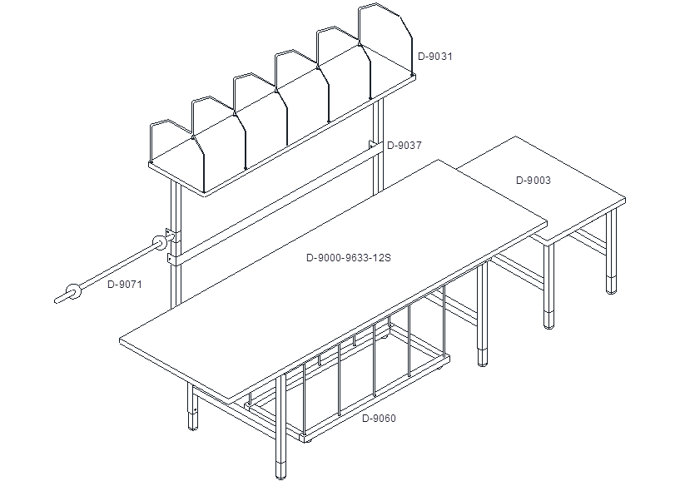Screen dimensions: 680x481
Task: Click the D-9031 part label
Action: (435, 57)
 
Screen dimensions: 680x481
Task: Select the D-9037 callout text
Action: (405, 146)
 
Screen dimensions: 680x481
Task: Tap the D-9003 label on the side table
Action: (534, 181)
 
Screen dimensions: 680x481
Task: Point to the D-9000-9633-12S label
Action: (349, 258)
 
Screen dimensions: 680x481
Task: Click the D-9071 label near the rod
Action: (125, 285)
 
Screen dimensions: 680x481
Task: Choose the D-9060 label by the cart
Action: (379, 418)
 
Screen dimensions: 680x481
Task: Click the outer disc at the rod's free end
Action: (74, 291)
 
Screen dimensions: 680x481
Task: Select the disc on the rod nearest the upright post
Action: (159, 243)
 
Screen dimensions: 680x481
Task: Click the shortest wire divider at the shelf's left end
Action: (176, 156)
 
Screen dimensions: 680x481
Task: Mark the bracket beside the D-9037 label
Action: (373, 146)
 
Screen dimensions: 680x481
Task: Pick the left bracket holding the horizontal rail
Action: (171, 259)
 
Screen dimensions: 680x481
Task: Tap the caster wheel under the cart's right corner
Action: (439, 367)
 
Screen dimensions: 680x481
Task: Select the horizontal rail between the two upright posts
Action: (275, 204)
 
